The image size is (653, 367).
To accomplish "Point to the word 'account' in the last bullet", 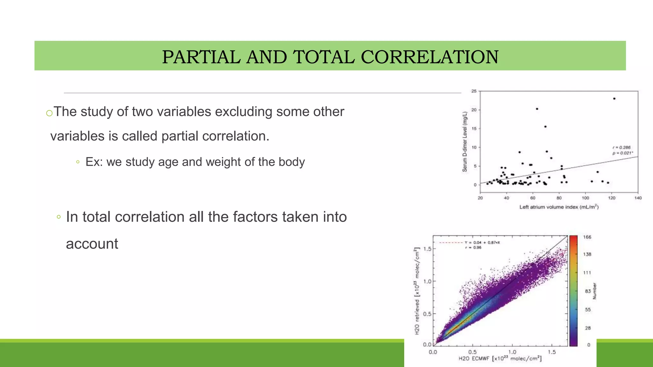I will (x=92, y=244).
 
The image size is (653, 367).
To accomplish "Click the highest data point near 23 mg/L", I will (x=614, y=99).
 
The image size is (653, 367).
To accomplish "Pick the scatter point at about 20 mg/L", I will (x=537, y=109).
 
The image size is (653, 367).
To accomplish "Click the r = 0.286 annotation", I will (x=621, y=148).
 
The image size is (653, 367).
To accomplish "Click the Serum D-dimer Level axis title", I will (x=465, y=142).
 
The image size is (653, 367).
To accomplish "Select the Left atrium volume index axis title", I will (x=559, y=207).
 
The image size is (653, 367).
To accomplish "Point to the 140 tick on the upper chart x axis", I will (x=638, y=198).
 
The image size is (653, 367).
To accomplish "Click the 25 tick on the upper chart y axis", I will (x=474, y=91).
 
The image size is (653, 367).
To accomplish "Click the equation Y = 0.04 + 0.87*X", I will (x=482, y=243).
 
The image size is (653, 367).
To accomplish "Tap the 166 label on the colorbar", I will (x=587, y=237).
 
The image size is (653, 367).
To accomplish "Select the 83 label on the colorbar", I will (x=588, y=291).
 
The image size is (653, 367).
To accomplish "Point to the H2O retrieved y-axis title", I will (x=417, y=291).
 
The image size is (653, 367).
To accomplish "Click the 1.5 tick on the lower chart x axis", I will (x=552, y=352).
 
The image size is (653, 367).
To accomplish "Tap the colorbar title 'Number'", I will (x=594, y=291).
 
